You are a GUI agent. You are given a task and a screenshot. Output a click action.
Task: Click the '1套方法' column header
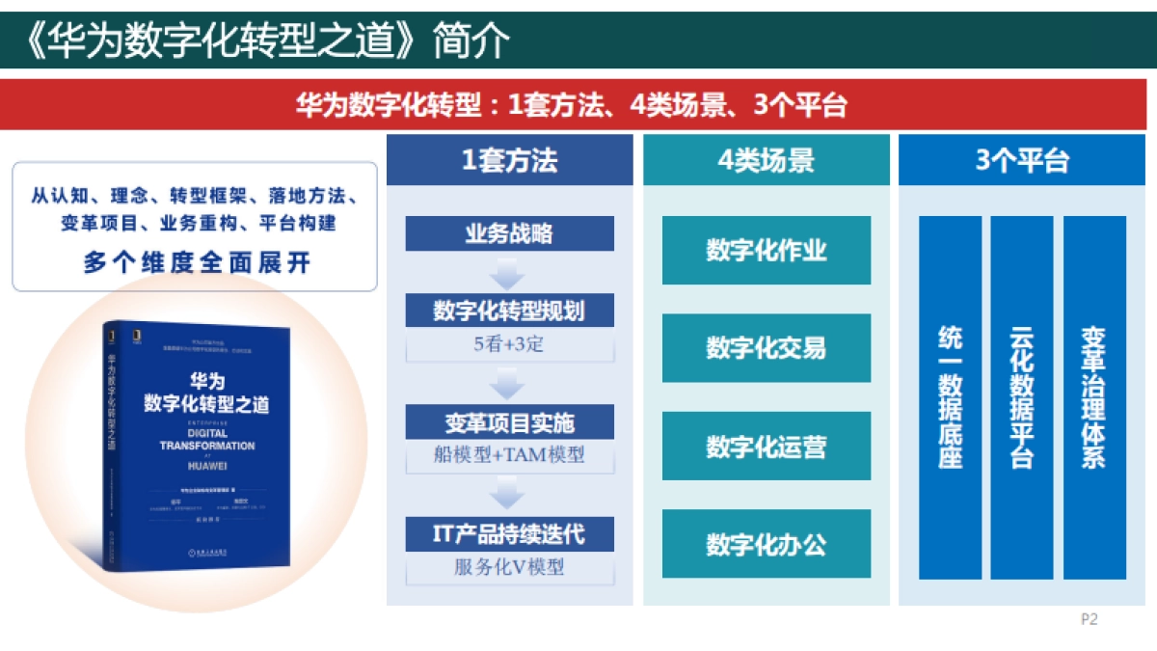pos(509,160)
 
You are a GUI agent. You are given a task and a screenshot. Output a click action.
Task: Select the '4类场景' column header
pos(766,160)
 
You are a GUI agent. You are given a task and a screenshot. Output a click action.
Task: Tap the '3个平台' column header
pos(1022,160)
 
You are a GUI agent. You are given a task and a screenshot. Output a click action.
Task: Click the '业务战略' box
pos(509,233)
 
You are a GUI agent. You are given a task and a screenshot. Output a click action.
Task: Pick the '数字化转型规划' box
pos(509,311)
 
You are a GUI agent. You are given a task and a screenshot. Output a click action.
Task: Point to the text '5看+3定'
pos(509,343)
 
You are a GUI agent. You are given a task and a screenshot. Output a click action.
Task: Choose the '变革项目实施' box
pos(509,422)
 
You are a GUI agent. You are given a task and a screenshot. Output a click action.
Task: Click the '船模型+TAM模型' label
pos(509,454)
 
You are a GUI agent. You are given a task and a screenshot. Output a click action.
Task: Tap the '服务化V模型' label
pos(509,567)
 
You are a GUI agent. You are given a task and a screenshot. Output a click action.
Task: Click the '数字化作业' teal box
pos(766,251)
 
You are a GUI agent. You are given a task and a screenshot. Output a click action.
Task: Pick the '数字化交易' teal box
pos(766,348)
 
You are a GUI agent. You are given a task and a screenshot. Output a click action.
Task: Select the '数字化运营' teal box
pos(766,447)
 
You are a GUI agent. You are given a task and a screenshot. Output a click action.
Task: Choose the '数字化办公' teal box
pos(766,544)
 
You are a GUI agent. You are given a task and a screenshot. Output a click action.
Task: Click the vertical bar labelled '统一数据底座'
pos(950,397)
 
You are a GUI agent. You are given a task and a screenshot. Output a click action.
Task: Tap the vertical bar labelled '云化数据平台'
pos(1022,397)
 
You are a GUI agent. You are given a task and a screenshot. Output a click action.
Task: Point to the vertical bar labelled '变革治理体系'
pos(1094,397)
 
